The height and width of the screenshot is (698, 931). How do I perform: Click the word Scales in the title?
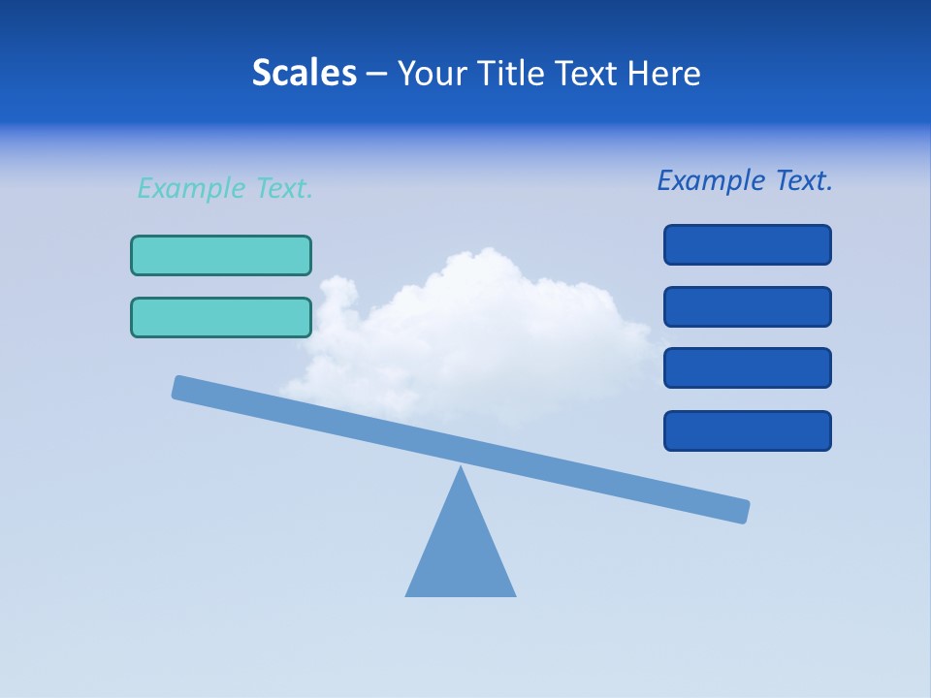304,73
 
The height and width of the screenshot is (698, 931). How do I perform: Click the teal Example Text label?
225,188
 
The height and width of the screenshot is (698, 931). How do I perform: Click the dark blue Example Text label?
745,180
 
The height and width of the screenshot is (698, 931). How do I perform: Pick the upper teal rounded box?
221,255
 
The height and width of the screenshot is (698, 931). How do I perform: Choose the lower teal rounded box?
221,317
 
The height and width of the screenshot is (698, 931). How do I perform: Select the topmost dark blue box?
747,244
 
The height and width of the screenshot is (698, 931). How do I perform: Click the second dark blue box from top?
747,306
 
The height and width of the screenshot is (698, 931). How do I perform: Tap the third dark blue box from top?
747,367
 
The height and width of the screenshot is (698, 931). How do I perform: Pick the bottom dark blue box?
747,430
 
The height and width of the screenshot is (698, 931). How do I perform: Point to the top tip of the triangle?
461,468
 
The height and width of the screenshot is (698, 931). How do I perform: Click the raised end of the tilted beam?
184,388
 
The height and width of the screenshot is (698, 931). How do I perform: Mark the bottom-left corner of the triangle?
407,594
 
